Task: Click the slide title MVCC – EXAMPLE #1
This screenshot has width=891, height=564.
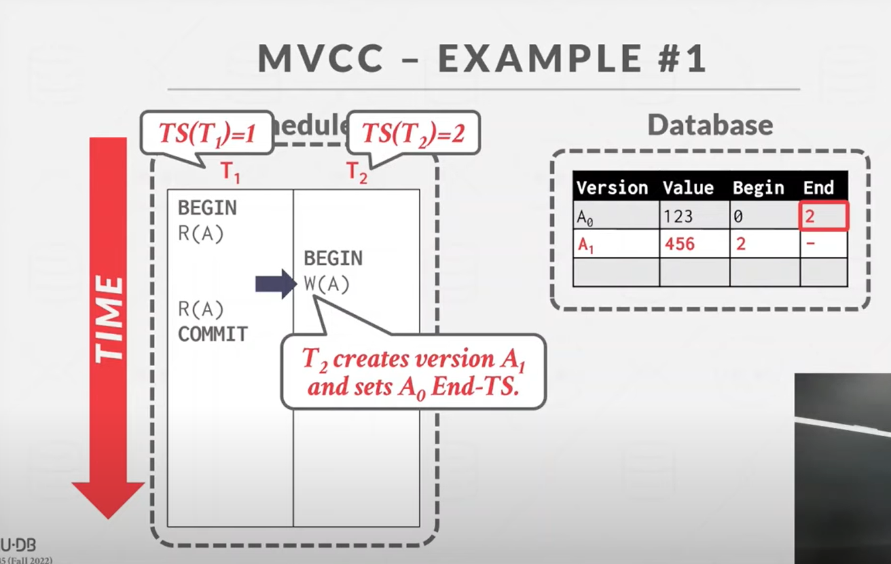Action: pos(482,59)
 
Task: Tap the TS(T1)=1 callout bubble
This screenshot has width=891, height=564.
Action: pos(206,134)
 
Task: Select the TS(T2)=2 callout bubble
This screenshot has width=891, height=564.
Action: pos(413,134)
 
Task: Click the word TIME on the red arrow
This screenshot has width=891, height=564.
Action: pos(108,319)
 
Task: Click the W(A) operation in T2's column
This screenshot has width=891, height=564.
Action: pos(327,284)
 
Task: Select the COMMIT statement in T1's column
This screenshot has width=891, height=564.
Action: pos(213,334)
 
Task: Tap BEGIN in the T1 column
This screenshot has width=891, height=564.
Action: pos(207,208)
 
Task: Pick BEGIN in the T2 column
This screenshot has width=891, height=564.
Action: pos(333,258)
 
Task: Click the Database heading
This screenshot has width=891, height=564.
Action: pos(710,126)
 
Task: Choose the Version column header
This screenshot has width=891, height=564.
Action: pos(612,188)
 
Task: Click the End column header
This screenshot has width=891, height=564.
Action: pos(818,188)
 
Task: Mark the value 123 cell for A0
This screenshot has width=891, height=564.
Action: pos(678,216)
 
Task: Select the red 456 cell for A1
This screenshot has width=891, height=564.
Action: pos(680,244)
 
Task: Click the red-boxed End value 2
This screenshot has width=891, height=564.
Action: pos(823,216)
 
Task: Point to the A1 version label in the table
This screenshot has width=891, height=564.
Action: pos(585,245)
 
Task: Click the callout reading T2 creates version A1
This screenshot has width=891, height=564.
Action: pos(413,372)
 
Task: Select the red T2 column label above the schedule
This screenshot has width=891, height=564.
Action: pos(357,172)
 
